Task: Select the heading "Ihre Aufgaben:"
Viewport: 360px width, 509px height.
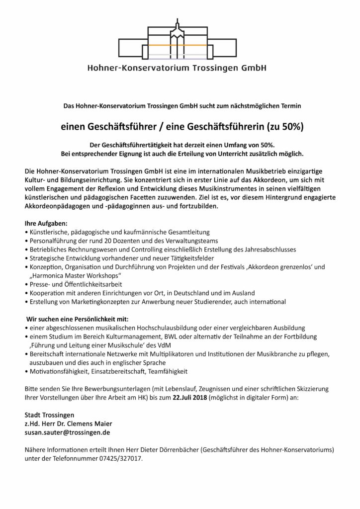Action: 45,223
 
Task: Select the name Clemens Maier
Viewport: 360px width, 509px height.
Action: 94,424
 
